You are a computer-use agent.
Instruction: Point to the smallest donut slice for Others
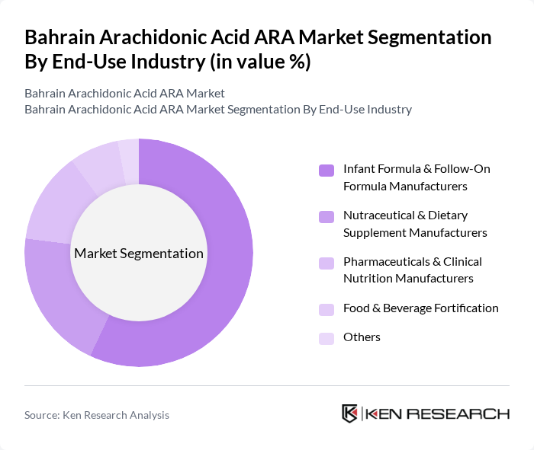point(129,152)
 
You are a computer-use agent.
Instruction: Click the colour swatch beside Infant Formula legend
point(327,170)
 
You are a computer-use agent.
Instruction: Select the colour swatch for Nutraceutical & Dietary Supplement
point(327,217)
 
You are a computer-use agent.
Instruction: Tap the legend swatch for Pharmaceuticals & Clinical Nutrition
point(327,263)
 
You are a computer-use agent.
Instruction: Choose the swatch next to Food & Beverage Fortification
point(327,309)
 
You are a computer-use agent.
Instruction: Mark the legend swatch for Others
point(327,338)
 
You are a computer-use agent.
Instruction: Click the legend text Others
point(362,337)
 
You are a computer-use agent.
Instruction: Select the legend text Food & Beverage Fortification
point(420,308)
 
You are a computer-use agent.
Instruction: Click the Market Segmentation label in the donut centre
point(139,254)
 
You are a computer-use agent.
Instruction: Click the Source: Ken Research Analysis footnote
point(97,415)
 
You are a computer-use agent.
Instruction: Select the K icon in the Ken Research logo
point(349,413)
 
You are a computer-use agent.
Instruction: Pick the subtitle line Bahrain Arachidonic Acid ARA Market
point(124,94)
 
